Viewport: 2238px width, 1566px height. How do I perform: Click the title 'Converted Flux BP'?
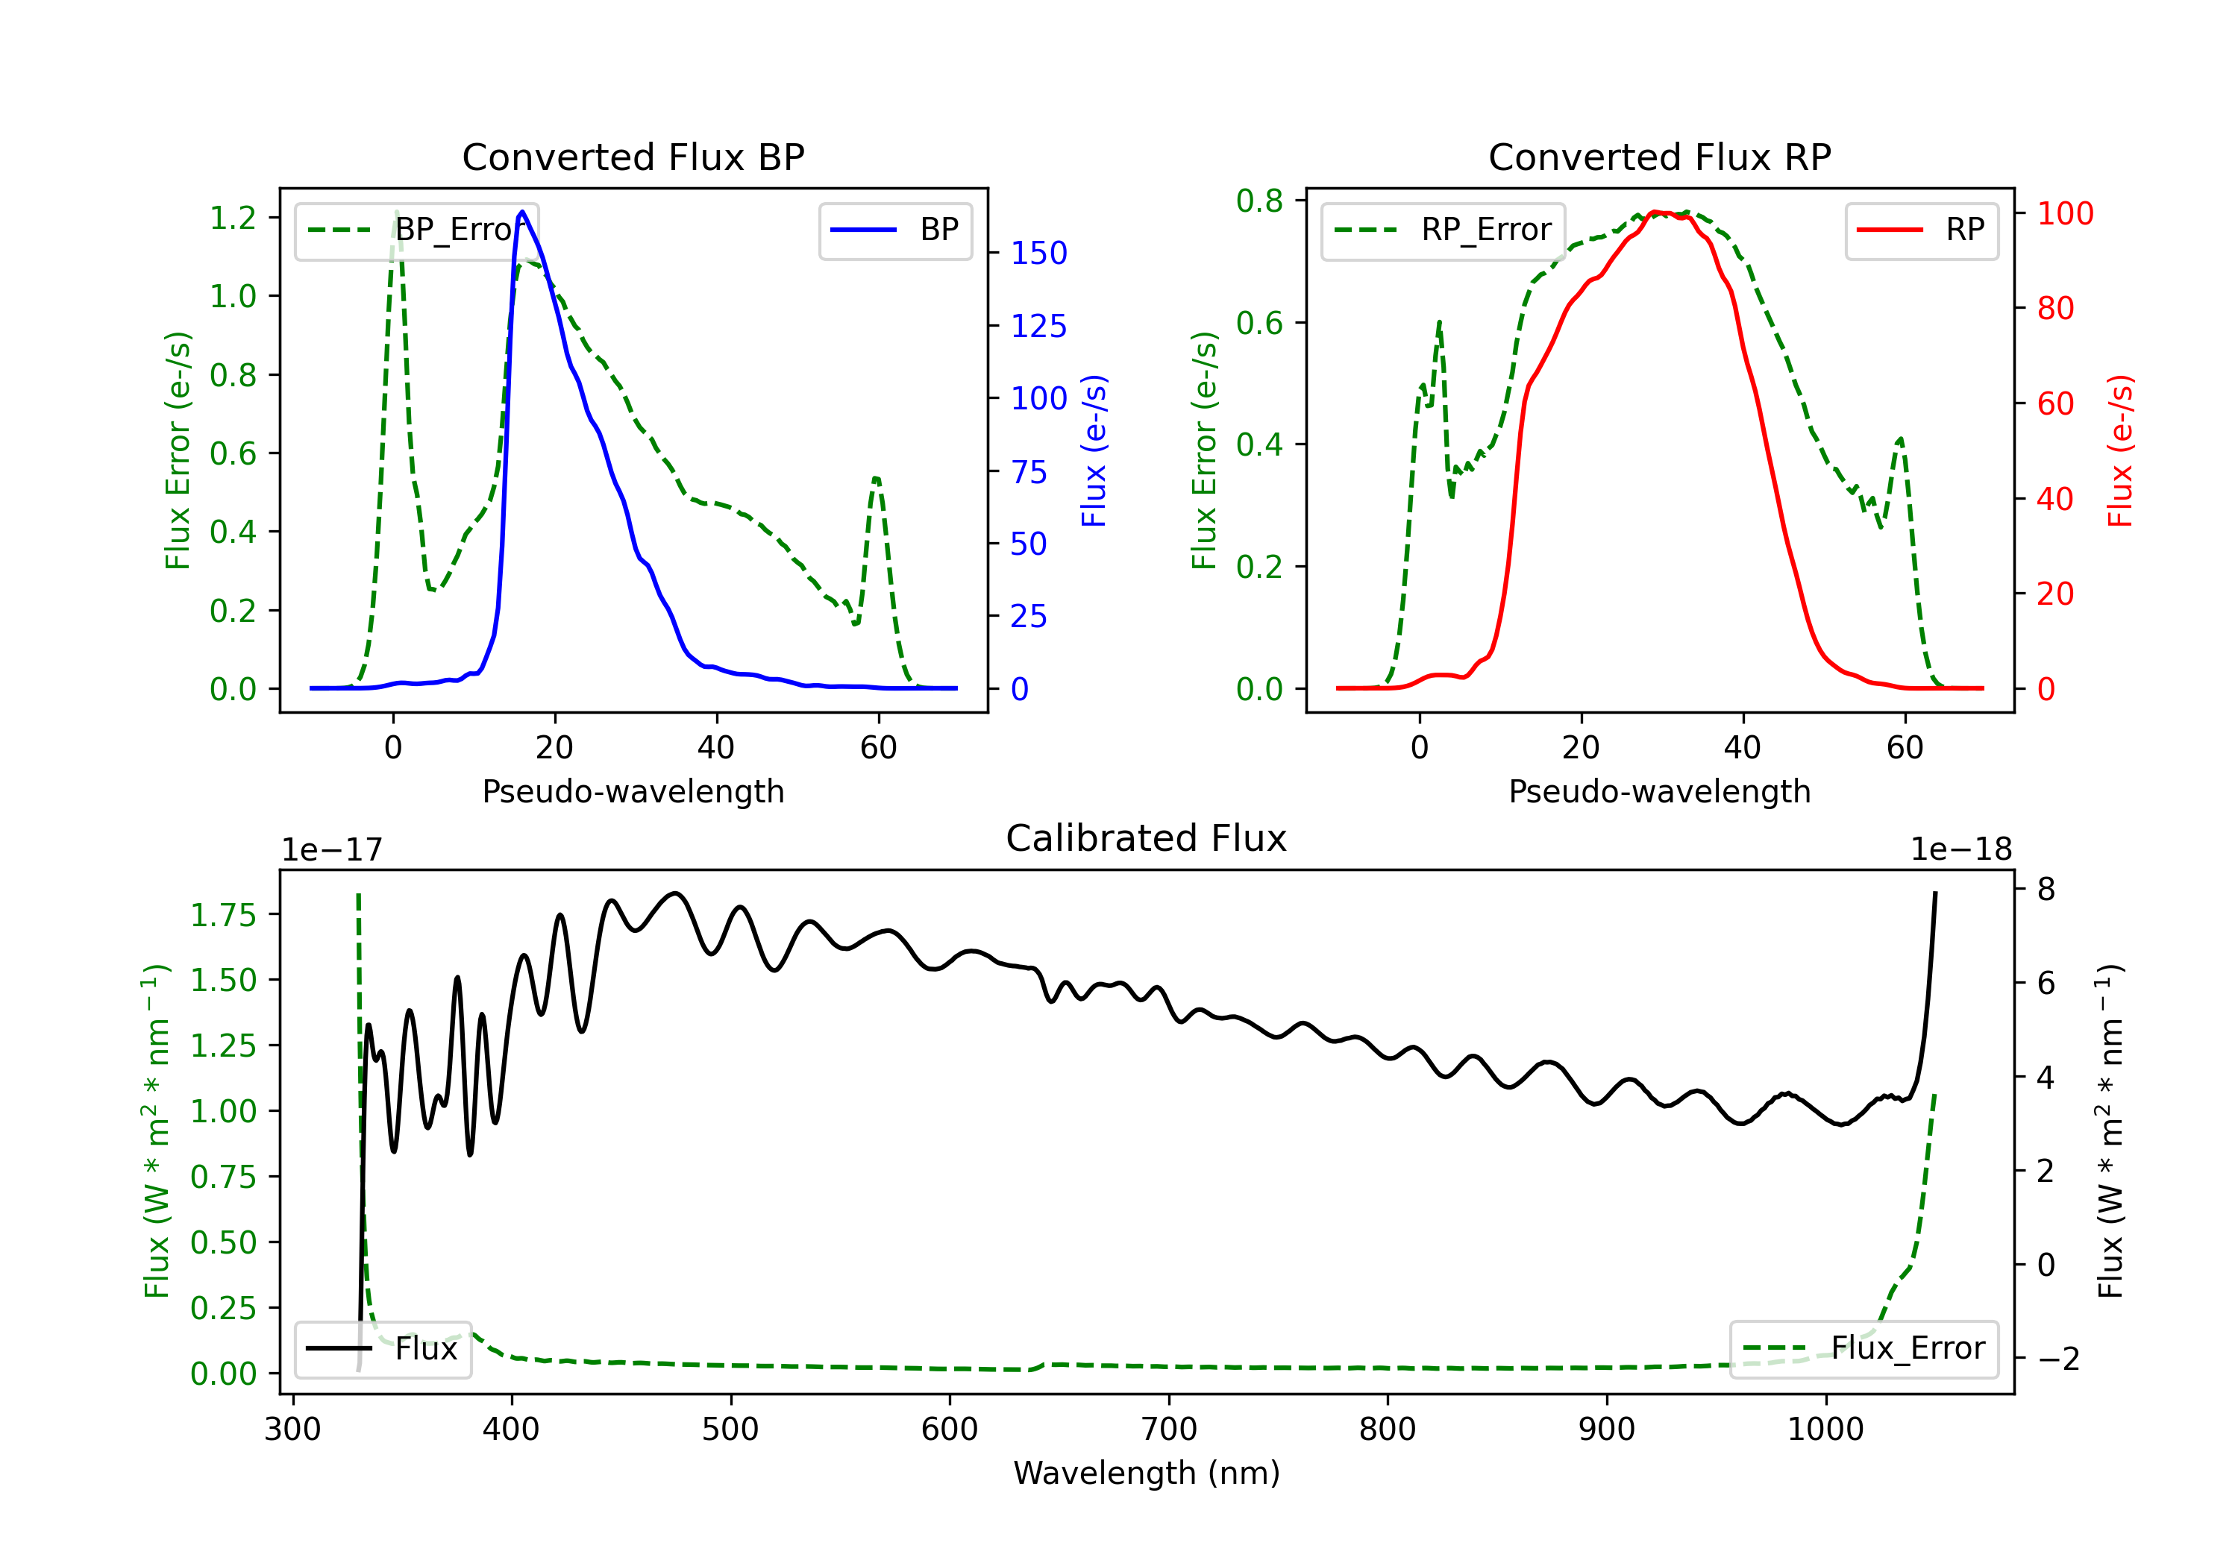point(633,157)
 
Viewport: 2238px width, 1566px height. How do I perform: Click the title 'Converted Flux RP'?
point(1660,157)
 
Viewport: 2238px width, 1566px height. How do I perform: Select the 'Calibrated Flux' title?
point(1147,838)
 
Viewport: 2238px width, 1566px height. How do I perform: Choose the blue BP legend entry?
point(894,230)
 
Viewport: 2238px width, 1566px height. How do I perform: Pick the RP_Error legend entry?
point(1443,230)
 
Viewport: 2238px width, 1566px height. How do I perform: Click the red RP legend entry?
point(1921,230)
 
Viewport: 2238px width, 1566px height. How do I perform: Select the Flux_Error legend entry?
point(1864,1349)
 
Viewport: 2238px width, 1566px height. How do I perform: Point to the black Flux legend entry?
point(382,1349)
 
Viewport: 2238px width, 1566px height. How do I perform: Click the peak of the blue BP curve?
point(522,212)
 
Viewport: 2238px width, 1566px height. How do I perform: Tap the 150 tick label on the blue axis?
point(1039,254)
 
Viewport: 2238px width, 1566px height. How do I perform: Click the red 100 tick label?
point(2066,213)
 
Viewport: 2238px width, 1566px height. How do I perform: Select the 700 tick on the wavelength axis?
point(1169,1430)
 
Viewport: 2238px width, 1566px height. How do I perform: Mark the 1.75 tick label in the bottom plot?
point(223,915)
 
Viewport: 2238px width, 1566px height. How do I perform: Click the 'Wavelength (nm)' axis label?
point(1147,1473)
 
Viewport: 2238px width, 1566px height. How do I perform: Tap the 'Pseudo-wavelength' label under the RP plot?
point(1660,791)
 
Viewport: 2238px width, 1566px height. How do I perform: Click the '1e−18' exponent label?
point(1961,850)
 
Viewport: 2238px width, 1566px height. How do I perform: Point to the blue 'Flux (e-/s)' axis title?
point(1094,450)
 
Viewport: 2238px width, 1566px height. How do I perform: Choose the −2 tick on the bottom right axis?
point(2057,1359)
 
